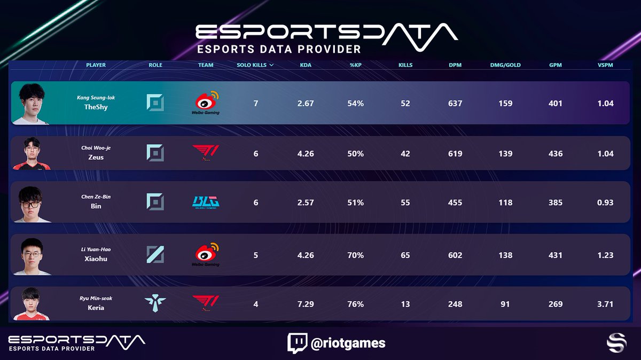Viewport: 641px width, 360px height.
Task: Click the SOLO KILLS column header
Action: click(255, 65)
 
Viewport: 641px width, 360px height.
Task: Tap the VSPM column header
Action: click(605, 65)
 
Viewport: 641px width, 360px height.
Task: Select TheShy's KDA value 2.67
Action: click(306, 103)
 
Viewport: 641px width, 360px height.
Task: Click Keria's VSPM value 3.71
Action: click(605, 304)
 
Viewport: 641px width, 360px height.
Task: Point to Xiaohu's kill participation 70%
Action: click(356, 255)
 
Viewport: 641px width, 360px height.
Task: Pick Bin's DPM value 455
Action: click(455, 202)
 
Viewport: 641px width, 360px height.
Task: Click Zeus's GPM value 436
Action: click(556, 153)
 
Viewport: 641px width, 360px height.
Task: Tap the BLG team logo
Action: click(206, 202)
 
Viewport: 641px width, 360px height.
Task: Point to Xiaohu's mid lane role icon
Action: click(155, 255)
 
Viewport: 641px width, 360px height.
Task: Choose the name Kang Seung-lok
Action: click(96, 97)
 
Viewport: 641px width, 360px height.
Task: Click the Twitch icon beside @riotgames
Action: click(296, 343)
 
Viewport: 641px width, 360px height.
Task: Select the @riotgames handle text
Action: click(348, 343)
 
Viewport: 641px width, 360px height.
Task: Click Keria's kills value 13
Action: click(405, 304)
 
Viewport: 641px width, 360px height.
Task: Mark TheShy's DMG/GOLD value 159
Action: click(505, 103)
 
